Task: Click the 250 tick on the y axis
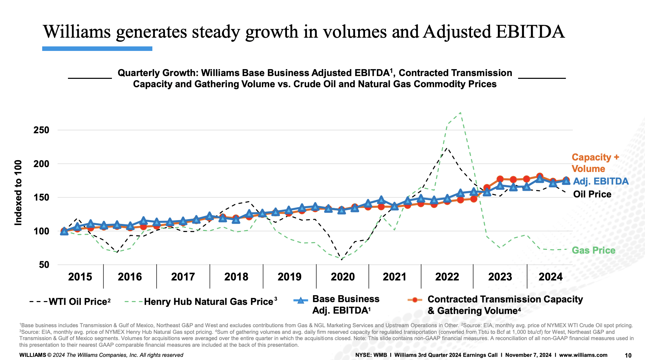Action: (41, 130)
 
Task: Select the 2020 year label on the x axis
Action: (342, 277)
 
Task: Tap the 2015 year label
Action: (80, 277)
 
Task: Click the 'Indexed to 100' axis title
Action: (18, 193)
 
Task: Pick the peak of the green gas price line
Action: (460, 113)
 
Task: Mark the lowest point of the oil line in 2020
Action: (342, 260)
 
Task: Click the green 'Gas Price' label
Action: (593, 250)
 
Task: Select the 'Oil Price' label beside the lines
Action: (592, 194)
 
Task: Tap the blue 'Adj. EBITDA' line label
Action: (601, 181)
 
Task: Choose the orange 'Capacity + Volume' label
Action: (595, 163)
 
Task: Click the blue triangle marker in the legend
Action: (301, 300)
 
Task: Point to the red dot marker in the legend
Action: (415, 300)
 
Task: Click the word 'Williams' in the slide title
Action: (77, 32)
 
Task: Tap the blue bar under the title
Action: (97, 49)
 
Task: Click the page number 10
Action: (628, 355)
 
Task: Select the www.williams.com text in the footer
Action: (583, 355)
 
